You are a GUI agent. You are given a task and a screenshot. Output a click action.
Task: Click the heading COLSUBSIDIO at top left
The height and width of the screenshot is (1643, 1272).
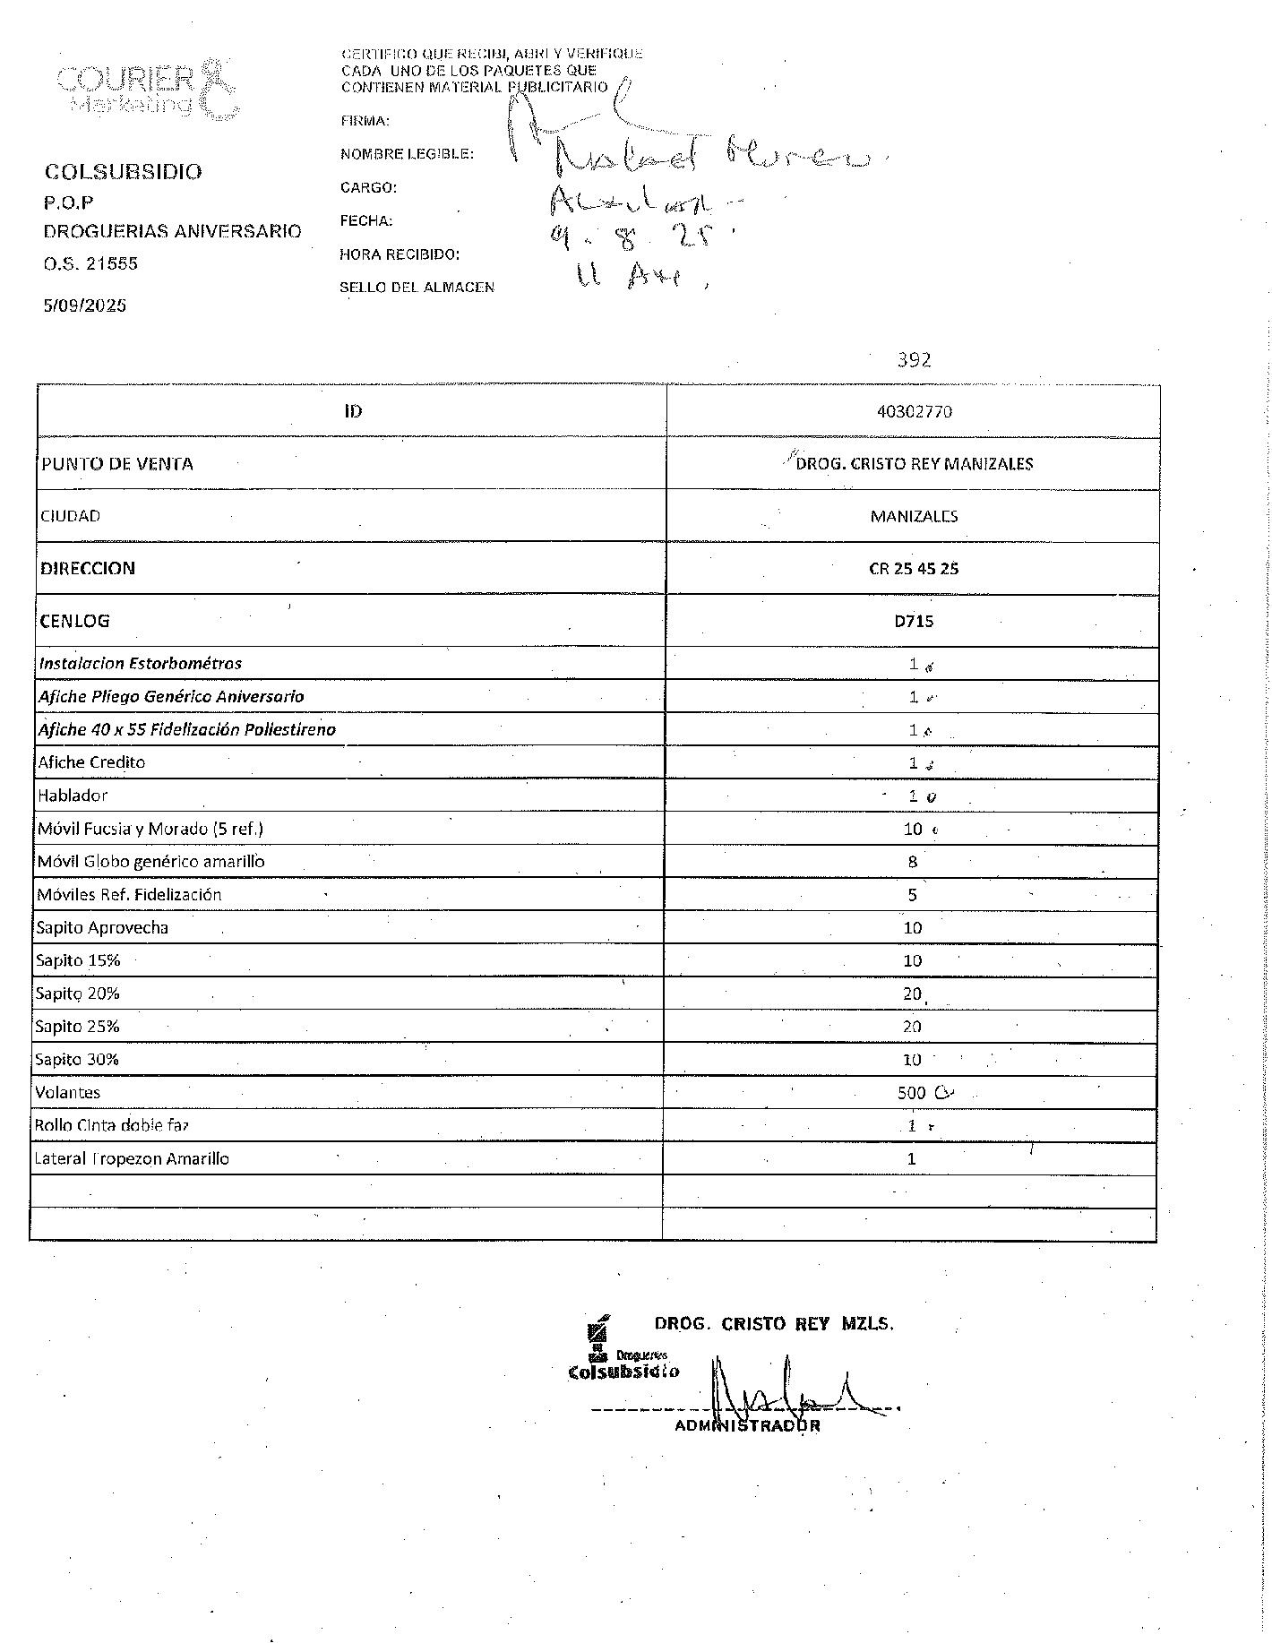click(x=124, y=172)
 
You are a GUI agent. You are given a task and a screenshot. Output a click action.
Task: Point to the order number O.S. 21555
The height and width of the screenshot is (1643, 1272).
click(x=90, y=263)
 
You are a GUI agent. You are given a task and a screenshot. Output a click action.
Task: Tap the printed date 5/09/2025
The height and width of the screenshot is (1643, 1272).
click(x=85, y=305)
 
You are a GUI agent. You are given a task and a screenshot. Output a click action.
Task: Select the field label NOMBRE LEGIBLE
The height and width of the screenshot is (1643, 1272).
click(x=407, y=154)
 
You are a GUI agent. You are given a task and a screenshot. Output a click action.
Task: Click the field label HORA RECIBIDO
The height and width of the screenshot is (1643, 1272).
click(x=400, y=254)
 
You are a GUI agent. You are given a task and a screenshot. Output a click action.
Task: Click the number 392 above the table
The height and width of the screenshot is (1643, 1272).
click(x=915, y=360)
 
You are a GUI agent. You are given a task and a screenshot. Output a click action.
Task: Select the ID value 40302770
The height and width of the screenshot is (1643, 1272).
click(x=915, y=412)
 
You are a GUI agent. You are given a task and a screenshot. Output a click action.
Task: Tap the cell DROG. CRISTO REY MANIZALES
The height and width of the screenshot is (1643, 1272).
click(x=915, y=464)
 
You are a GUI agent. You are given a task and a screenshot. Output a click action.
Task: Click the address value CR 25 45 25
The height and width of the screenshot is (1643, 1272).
click(x=914, y=569)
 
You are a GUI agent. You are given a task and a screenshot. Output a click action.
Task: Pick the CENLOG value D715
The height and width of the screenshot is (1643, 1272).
click(x=914, y=621)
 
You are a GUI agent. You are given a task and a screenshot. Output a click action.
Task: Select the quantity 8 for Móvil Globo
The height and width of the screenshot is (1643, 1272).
click(x=913, y=862)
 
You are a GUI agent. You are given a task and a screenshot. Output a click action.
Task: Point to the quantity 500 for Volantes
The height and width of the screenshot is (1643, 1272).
click(x=912, y=1093)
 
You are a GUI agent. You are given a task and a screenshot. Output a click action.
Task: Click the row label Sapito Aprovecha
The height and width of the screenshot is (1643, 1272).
click(x=102, y=928)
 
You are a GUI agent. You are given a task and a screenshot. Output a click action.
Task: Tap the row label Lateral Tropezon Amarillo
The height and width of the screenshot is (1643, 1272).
click(x=132, y=1159)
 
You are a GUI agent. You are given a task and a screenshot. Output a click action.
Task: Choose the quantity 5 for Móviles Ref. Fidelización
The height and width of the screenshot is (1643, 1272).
click(x=913, y=895)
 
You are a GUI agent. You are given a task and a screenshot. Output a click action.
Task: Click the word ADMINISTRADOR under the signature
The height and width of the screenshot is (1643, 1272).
click(x=747, y=1426)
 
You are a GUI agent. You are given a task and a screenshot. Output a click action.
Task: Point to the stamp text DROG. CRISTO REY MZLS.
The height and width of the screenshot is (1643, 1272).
click(x=774, y=1324)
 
